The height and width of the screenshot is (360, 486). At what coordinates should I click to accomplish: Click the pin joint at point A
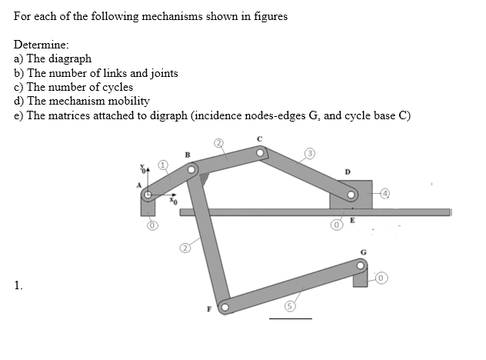tap(149, 195)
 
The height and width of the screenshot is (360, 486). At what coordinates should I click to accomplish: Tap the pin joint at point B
tap(194, 167)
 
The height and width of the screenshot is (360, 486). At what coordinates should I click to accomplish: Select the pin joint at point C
tap(261, 154)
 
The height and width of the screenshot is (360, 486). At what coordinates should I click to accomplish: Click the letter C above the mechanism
tap(260, 138)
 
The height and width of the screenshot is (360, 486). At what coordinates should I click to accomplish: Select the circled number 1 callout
tap(163, 165)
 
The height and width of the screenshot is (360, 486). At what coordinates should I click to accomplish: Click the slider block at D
tap(350, 194)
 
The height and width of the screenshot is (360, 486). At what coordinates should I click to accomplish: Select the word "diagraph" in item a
tap(71, 58)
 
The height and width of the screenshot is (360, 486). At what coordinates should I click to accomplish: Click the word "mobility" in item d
tap(129, 102)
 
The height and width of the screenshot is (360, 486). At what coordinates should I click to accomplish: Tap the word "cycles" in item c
tap(116, 87)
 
